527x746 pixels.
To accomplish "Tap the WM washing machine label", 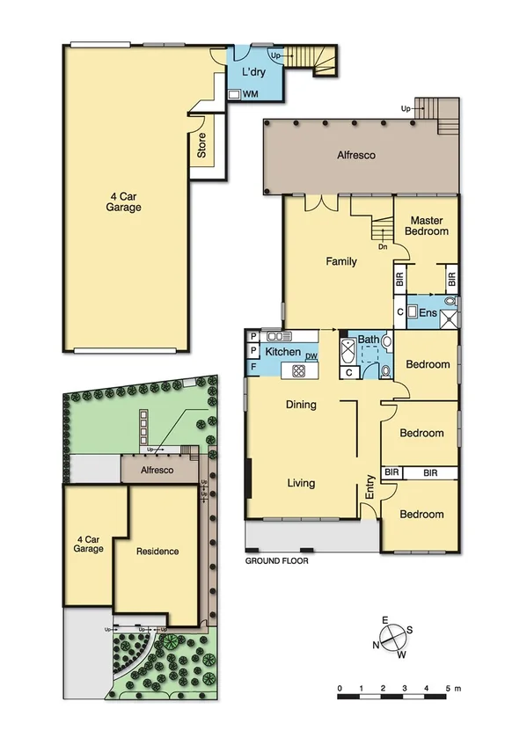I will (x=250, y=93).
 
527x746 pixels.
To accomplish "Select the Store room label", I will (x=201, y=150).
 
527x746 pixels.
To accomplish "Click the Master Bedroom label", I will (x=427, y=226).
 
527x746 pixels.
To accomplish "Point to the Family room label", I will (x=341, y=261).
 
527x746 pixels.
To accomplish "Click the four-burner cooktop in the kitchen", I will (x=298, y=371).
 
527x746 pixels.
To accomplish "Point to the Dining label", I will (x=301, y=405).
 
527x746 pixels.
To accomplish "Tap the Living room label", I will (x=301, y=483).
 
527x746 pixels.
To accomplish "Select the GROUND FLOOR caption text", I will (x=277, y=559).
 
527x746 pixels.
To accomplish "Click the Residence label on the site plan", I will (x=157, y=552).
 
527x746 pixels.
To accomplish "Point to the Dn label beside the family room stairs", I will (x=383, y=247).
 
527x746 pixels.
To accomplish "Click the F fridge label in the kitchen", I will (x=253, y=366).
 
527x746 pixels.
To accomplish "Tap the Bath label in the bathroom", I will (x=367, y=339).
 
